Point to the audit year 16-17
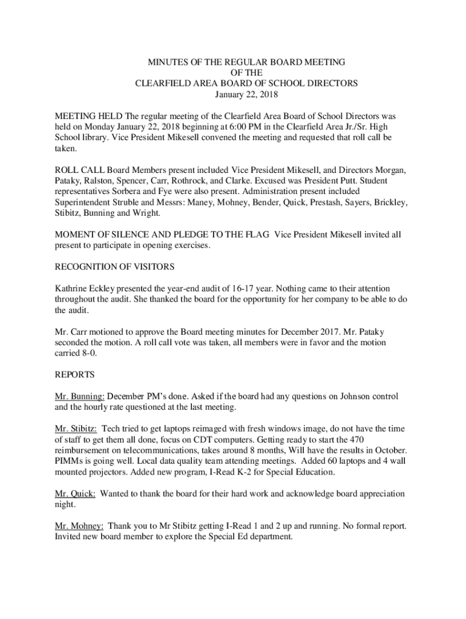coord(250,288)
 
